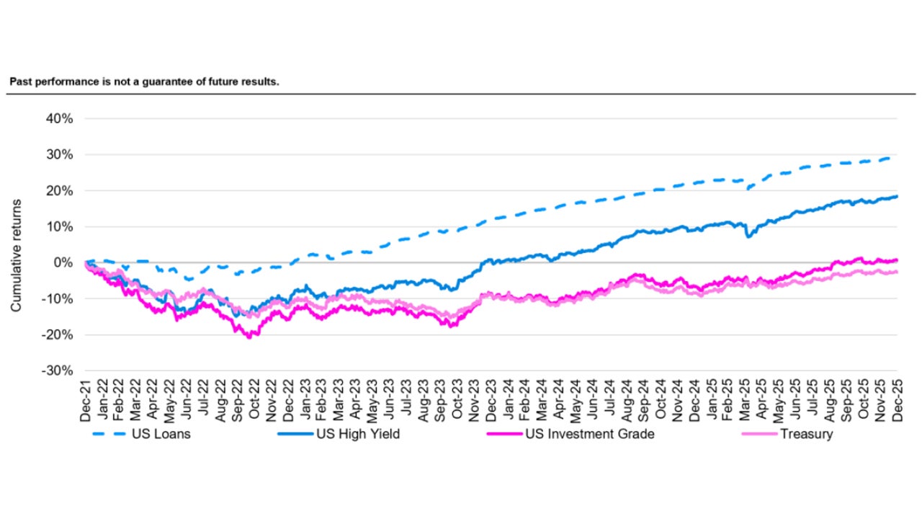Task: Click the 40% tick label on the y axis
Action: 58,118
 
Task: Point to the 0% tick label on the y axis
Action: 61,262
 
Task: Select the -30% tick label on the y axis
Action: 57,371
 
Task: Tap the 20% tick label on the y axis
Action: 58,190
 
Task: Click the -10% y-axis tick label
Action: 57,298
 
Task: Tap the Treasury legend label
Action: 806,435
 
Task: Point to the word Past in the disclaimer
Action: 19,82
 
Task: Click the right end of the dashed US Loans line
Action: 896,157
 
